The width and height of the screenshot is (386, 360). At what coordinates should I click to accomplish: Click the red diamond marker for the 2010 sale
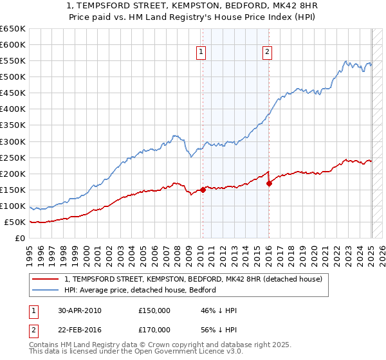coord(203,190)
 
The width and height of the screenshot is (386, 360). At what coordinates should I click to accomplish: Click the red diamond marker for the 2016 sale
coord(269,183)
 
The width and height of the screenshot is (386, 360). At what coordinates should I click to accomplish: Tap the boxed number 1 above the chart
coord(201,53)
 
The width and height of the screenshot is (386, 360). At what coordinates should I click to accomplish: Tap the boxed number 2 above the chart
coord(267,53)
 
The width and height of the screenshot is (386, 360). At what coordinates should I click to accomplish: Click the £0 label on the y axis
coord(20,239)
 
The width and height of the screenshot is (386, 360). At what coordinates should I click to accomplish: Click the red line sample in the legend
coord(46,279)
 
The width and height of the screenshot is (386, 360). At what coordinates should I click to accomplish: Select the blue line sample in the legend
coord(46,290)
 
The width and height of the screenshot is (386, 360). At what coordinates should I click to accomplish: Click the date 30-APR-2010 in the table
coord(80,310)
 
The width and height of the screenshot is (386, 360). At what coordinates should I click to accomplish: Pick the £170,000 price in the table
coord(154,329)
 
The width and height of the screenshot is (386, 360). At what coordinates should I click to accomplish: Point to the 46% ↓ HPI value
coord(219,310)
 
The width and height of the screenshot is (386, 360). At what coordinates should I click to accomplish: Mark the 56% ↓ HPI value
coord(219,329)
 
